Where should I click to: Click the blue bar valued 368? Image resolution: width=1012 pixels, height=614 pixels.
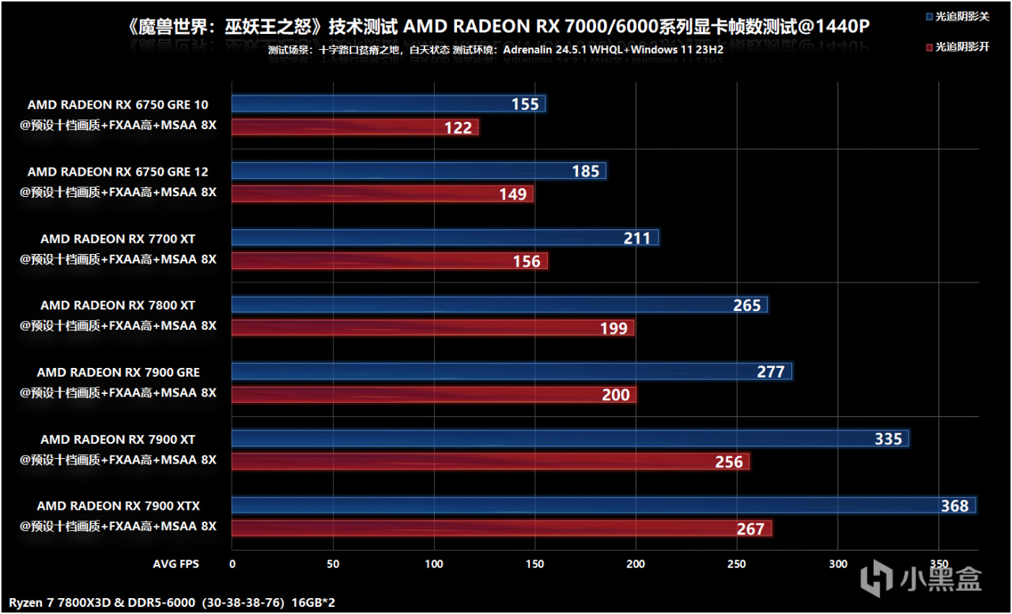(603, 506)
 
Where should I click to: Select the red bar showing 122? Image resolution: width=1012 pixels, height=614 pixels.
(355, 127)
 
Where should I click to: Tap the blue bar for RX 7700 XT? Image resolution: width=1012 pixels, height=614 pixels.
(445, 238)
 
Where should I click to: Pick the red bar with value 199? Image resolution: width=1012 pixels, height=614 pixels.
(432, 328)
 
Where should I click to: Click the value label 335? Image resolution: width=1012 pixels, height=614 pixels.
(888, 439)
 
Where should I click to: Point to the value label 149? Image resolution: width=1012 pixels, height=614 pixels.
(513, 195)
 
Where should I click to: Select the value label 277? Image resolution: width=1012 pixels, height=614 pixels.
(771, 372)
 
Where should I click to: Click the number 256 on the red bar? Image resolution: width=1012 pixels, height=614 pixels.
(729, 462)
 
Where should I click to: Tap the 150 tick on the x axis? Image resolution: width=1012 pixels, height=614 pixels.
(535, 564)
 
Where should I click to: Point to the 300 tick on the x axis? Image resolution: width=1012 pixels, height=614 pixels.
(838, 564)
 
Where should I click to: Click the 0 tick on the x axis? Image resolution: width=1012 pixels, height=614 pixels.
(232, 564)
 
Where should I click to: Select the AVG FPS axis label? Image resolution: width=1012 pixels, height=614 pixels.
(176, 564)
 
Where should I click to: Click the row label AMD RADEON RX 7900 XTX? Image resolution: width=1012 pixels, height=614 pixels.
(119, 506)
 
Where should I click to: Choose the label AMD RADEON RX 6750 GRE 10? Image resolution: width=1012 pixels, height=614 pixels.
(119, 104)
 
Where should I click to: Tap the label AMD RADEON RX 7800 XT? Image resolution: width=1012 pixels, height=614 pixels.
(119, 305)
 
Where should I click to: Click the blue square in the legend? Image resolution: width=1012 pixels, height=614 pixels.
(929, 16)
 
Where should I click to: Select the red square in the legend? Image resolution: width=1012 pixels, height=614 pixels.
(929, 47)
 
